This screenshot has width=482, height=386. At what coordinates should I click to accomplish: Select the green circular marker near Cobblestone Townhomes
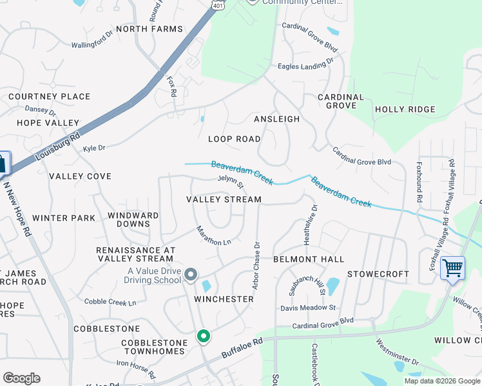coord(203,336)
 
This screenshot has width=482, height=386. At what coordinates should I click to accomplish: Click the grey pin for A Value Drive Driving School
coord(191,275)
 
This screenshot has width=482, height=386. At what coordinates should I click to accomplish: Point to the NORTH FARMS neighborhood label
coord(149,29)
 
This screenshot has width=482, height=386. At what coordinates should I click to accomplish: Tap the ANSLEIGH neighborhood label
coord(277,119)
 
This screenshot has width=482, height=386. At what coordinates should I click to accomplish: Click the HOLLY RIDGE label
coord(405,109)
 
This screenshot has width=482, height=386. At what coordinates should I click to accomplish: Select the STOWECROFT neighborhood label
coord(378,274)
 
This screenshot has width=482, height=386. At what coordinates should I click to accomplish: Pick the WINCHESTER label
coord(224,299)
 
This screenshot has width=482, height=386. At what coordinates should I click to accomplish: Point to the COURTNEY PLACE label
coord(50,96)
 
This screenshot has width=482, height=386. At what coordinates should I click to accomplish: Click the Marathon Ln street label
coord(213,236)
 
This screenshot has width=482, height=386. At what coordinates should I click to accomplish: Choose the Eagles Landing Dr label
coord(305,64)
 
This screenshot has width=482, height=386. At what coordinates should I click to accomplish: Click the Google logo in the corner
coord(21,378)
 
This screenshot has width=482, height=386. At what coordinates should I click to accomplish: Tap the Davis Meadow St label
coord(308,308)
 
